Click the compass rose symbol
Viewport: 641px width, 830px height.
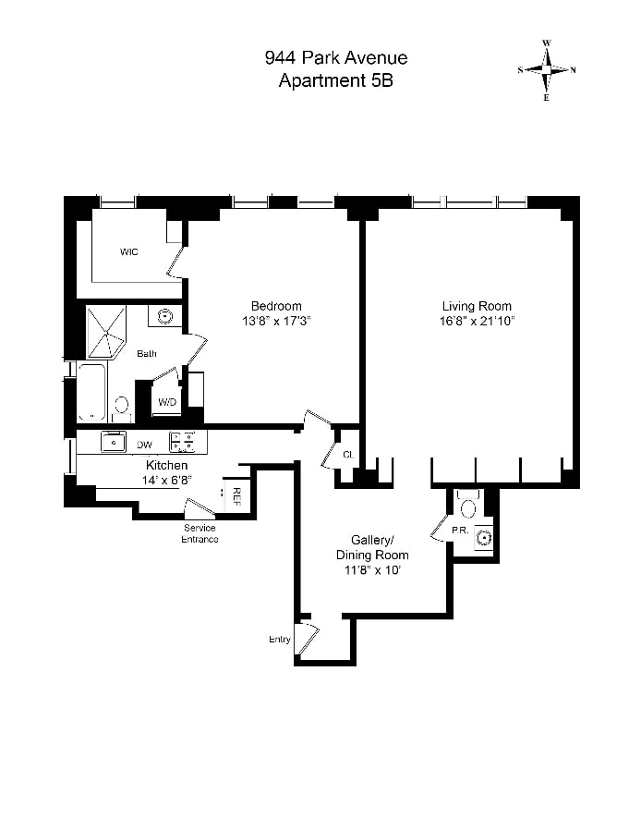pyautogui.click(x=547, y=70)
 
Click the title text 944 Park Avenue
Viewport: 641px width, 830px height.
pyautogui.click(x=336, y=57)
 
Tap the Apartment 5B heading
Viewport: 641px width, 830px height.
pyautogui.click(x=336, y=80)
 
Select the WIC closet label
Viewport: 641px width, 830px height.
pyautogui.click(x=128, y=252)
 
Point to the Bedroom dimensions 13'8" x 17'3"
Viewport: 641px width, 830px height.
pyautogui.click(x=276, y=321)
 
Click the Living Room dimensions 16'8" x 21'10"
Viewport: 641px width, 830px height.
pyautogui.click(x=477, y=321)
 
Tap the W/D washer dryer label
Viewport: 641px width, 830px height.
pyautogui.click(x=167, y=402)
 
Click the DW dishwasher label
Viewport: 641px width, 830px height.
pyautogui.click(x=144, y=445)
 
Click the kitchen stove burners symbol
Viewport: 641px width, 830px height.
pyautogui.click(x=183, y=442)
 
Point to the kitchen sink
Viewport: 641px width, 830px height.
pyautogui.click(x=114, y=442)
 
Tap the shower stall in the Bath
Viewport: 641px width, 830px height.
pyautogui.click(x=106, y=333)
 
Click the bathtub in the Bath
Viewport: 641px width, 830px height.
pyautogui.click(x=91, y=392)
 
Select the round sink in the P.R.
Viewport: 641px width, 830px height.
pyautogui.click(x=483, y=538)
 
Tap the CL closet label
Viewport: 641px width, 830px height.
pyautogui.click(x=348, y=455)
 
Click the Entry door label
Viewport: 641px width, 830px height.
pyautogui.click(x=280, y=640)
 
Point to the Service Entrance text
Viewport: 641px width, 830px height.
pyautogui.click(x=200, y=533)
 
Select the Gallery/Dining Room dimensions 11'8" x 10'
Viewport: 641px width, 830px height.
pyautogui.click(x=372, y=570)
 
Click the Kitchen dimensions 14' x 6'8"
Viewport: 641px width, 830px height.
pyautogui.click(x=166, y=480)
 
